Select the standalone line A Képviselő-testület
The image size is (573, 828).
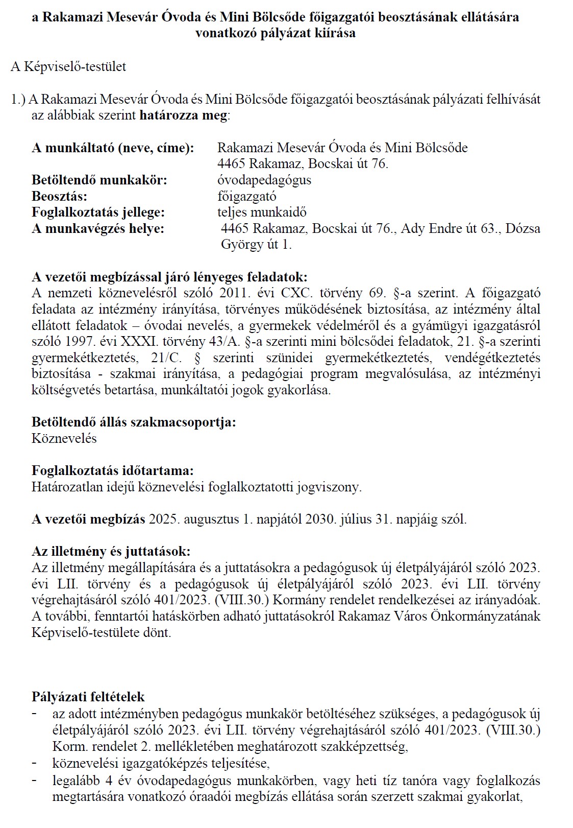(x=68, y=67)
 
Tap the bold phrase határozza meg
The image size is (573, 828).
(x=183, y=115)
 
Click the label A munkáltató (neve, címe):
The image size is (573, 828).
(x=113, y=148)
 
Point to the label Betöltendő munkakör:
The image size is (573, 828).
(x=99, y=180)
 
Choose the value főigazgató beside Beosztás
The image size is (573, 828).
(x=246, y=197)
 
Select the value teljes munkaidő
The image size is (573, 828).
(x=262, y=212)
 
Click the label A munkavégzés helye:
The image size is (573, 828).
(x=98, y=229)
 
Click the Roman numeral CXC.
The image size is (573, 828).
(x=304, y=294)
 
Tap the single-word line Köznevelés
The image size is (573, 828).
(x=64, y=439)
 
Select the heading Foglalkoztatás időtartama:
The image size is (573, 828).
(x=113, y=470)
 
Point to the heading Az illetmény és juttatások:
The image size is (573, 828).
(x=111, y=552)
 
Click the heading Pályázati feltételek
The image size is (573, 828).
(x=88, y=697)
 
